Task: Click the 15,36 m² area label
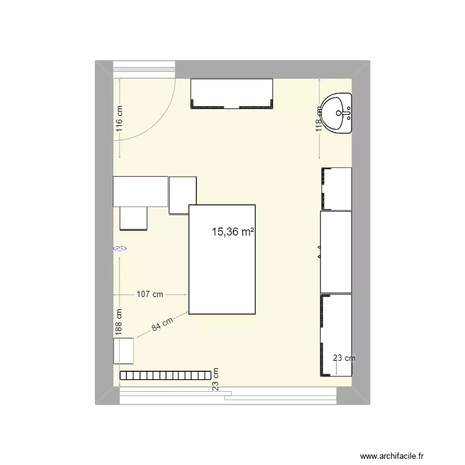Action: coord(233,232)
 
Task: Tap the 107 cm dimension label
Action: coord(149,294)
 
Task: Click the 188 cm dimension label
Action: coord(120,322)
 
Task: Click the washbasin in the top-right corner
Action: coord(339,113)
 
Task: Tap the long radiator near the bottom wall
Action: coord(164,375)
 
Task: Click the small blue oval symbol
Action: coord(120,249)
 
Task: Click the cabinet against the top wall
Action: coord(231,94)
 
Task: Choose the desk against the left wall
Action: coord(140,192)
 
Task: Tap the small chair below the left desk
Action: coord(133,218)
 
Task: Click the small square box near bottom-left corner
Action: coord(124,351)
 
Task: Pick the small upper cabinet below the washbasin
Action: coord(336,188)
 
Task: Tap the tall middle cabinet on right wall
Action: coord(335,252)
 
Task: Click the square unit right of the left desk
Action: coord(182,195)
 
